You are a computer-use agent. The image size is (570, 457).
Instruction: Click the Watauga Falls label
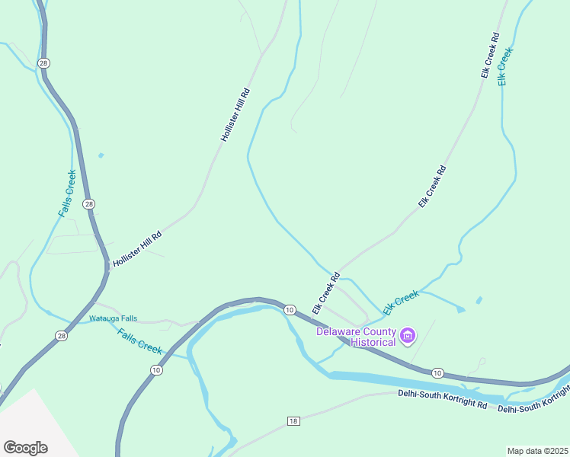point(114,318)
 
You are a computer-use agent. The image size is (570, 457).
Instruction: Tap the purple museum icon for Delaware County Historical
point(408,334)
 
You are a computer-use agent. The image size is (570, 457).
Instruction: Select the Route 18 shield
point(293,421)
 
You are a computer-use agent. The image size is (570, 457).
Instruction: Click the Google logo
point(25,447)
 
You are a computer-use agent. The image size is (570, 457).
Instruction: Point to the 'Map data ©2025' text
point(538,451)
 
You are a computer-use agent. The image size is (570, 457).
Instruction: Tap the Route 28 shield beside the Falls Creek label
point(89,204)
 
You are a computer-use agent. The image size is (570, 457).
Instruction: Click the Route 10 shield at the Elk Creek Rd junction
point(290,310)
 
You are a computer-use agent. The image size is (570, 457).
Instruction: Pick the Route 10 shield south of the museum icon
point(437,372)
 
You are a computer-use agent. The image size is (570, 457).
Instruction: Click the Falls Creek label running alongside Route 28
point(67,193)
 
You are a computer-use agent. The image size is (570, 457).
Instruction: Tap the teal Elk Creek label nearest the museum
point(401,302)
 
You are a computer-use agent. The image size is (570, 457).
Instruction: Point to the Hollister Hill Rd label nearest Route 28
point(137,249)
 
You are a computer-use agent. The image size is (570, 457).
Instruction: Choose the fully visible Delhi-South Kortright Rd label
point(442,399)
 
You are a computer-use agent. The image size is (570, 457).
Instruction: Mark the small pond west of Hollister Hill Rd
point(101,155)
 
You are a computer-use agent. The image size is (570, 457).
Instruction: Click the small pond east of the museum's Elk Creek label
point(479,299)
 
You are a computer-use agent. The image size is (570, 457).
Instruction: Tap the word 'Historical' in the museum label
point(373,343)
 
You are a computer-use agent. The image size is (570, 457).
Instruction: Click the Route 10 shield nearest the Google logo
point(155,370)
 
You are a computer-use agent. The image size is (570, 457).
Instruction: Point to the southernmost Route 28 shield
point(62,335)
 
